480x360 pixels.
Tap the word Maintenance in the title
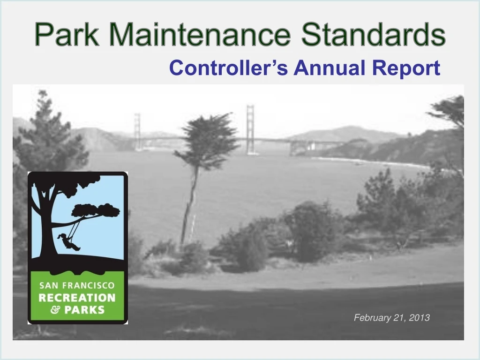pyautogui.click(x=199, y=35)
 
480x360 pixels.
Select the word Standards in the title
pyautogui.click(x=373, y=35)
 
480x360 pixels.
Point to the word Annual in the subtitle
pyautogui.click(x=331, y=68)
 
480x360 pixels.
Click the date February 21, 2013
pyautogui.click(x=391, y=318)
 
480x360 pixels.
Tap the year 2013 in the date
pyautogui.click(x=419, y=318)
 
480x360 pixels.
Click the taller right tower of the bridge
pyautogui.click(x=251, y=129)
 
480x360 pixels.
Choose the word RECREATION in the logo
pyautogui.click(x=77, y=298)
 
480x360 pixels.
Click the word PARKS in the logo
pyautogui.click(x=85, y=309)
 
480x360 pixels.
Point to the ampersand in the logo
pyautogui.click(x=55, y=310)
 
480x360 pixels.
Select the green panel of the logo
pyautogui.click(x=77, y=295)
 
